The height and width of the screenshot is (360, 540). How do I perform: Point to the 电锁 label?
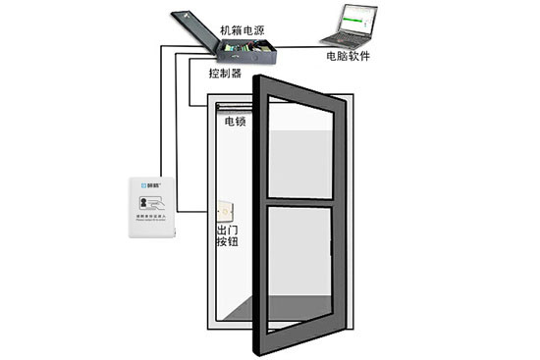(235, 123)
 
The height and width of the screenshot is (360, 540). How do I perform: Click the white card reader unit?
(153, 207)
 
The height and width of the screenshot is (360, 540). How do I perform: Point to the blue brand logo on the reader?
(146, 184)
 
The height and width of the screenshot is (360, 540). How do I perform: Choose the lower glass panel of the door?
(300, 265)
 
